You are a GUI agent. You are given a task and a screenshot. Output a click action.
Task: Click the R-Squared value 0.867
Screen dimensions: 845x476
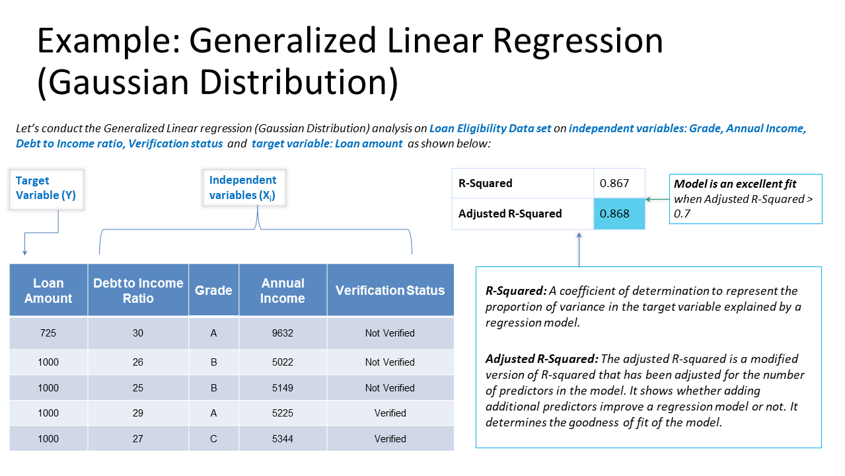click(614, 183)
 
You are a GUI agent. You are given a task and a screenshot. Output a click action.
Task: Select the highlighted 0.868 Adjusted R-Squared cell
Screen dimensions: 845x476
click(619, 214)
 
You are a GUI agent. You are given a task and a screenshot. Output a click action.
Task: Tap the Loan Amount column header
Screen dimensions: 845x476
click(48, 290)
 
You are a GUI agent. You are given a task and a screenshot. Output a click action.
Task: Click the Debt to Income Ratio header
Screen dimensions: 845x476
click(138, 290)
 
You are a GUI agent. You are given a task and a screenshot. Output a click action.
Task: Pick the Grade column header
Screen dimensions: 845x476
click(213, 290)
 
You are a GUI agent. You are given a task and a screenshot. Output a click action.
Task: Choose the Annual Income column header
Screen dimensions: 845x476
click(283, 290)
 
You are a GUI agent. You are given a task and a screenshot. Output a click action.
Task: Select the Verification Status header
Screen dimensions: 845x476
click(390, 290)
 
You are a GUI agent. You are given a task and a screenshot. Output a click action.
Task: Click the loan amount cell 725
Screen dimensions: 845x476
click(48, 333)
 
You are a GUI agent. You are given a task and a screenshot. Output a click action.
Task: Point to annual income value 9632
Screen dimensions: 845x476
click(283, 333)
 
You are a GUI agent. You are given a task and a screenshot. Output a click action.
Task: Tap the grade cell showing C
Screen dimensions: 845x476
click(213, 438)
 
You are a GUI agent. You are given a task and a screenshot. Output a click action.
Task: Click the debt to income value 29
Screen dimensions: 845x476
click(137, 413)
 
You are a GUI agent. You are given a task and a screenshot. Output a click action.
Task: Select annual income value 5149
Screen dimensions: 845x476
click(283, 387)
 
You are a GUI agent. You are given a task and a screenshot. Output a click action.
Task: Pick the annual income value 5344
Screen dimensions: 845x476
click(283, 438)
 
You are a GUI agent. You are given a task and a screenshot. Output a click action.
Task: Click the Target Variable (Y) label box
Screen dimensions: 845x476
click(46, 189)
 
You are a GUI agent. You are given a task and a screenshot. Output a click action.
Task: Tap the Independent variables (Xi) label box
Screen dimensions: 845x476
click(244, 188)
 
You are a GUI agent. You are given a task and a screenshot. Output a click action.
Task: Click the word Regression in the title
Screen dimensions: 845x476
click(578, 41)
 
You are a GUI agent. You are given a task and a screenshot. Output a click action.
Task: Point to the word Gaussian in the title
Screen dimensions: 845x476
click(118, 82)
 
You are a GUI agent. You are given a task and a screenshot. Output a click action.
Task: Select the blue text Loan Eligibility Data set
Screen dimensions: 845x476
click(490, 128)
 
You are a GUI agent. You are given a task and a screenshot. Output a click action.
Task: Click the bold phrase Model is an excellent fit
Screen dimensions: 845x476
click(735, 184)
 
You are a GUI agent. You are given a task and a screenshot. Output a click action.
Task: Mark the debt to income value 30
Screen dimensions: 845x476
click(137, 333)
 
